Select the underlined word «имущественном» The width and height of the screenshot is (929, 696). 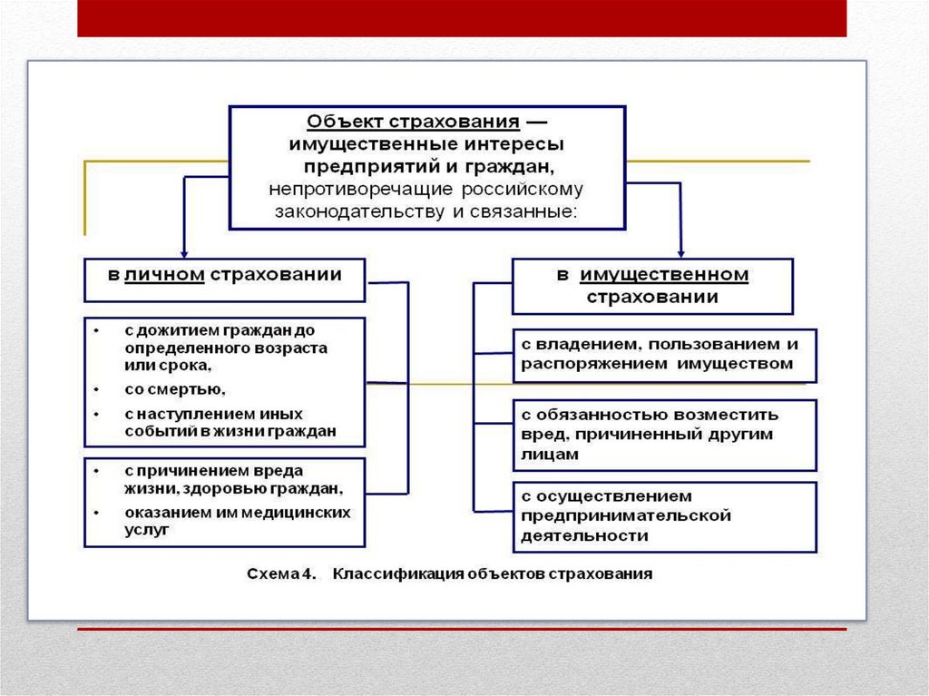point(665,275)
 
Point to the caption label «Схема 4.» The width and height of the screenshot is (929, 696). point(280,574)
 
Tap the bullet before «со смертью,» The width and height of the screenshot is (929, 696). point(97,389)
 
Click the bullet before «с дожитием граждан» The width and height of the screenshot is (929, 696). point(97,330)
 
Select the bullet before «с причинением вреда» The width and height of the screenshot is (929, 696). point(97,471)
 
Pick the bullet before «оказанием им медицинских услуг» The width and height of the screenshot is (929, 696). point(97,512)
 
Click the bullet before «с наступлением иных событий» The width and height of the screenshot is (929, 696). point(97,414)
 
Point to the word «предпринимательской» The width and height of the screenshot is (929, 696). point(626,515)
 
